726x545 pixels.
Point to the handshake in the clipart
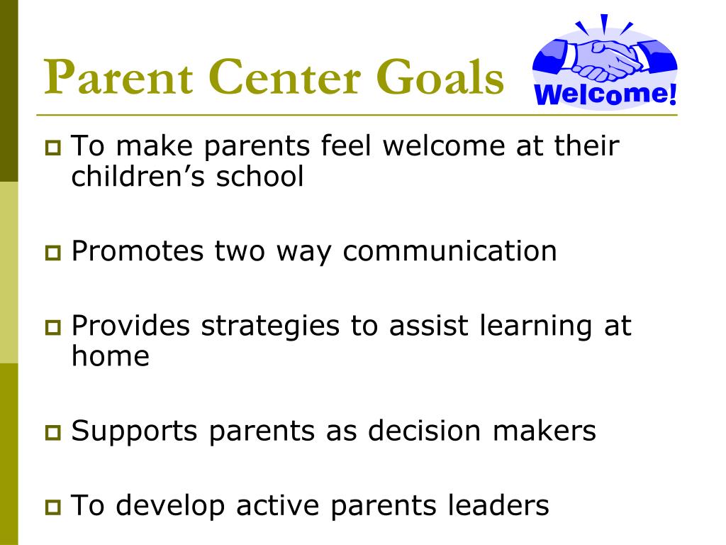coord(604,60)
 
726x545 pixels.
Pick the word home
coord(110,356)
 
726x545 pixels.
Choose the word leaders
coord(498,506)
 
